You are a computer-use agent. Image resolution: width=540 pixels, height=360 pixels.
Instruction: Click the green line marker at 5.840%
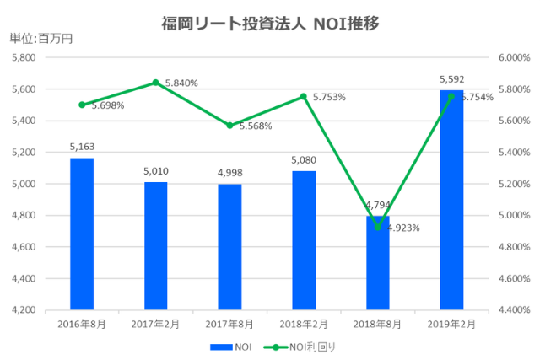(x=155, y=83)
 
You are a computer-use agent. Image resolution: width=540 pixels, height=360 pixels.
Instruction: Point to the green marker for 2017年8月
(x=229, y=125)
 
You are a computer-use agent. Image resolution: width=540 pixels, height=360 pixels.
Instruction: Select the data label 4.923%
(x=402, y=228)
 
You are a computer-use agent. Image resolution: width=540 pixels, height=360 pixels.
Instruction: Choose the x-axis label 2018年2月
(x=303, y=323)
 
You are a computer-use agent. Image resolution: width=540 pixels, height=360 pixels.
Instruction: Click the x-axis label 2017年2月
(x=155, y=323)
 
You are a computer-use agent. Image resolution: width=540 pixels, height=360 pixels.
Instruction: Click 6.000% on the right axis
(x=513, y=57)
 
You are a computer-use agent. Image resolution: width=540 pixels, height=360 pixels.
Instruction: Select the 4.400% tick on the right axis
(x=513, y=310)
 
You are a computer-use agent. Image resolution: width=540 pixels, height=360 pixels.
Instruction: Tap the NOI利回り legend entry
(x=300, y=346)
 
